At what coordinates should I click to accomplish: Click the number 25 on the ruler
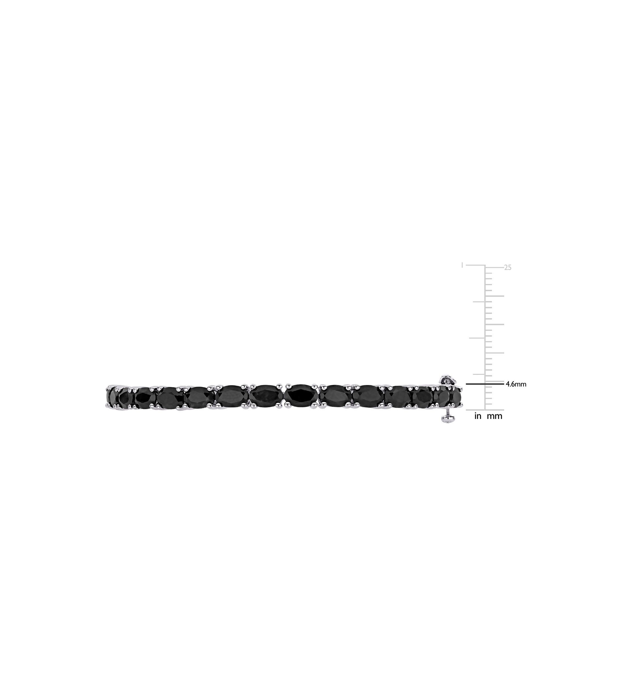(508, 268)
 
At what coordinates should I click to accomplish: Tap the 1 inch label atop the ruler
(462, 265)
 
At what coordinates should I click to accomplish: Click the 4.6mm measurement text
(516, 384)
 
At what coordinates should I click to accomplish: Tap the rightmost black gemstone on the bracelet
(456, 397)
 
